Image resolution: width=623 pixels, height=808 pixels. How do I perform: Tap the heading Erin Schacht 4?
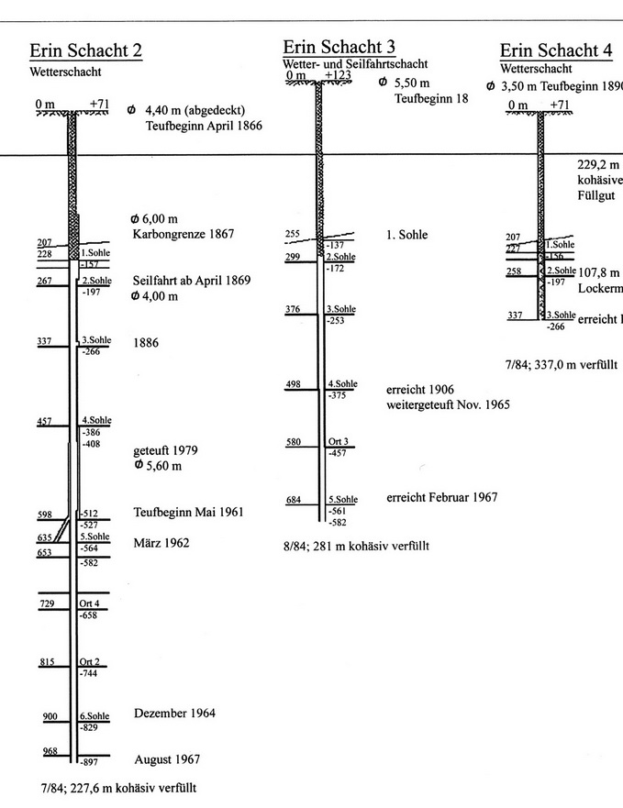555,50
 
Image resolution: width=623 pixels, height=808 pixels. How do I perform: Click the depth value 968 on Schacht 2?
50,751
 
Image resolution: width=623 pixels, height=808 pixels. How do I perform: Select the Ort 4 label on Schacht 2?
89,603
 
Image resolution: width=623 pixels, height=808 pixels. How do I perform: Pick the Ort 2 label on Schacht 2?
89,662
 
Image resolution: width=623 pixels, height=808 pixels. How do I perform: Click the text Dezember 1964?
174,714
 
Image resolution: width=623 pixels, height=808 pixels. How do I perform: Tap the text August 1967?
166,759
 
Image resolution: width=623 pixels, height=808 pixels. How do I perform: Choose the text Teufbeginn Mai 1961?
188,512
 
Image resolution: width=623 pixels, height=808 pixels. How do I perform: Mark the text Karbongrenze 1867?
182,234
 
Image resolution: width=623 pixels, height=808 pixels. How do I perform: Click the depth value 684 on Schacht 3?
294,499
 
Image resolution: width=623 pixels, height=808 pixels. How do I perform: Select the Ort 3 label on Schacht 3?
338,442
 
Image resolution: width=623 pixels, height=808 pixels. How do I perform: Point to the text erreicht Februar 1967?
442,497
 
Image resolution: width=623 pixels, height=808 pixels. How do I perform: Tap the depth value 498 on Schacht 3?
294,384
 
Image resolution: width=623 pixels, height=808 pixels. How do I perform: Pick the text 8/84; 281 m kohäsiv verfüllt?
356,546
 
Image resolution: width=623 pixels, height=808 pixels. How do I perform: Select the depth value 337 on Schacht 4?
515,315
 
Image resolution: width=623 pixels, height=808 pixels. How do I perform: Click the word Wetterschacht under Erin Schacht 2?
65,72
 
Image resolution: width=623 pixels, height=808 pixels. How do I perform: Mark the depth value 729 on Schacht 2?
48,603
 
